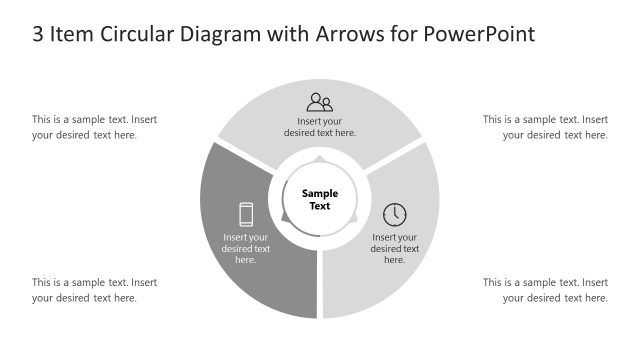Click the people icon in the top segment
320,102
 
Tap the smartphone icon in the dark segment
246,214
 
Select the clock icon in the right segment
395,214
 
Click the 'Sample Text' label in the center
320,200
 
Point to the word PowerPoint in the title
480,34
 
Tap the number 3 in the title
38,34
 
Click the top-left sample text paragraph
94,127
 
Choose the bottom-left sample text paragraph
94,290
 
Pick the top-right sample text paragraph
545,127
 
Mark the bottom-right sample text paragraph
545,290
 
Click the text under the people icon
320,127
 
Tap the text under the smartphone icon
246,248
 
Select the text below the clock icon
395,248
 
